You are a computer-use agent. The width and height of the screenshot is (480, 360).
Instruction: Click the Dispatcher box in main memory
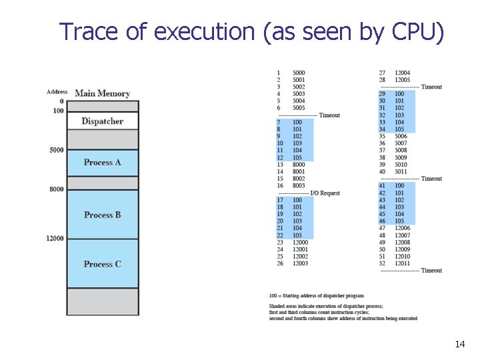pos(102,121)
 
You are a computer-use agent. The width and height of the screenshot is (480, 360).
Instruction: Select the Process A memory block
pos(102,162)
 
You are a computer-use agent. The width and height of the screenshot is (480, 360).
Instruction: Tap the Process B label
pos(102,215)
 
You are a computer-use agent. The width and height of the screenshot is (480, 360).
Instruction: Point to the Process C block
pos(102,264)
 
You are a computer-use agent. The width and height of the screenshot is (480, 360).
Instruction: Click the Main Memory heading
pos(102,93)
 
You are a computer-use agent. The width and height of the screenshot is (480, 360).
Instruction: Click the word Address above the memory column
pos(57,92)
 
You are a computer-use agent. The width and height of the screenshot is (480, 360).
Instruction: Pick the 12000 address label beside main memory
pos(55,239)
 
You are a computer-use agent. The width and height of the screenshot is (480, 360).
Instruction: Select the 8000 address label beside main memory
pos(57,189)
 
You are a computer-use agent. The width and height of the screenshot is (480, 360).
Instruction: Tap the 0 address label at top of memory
pos(61,101)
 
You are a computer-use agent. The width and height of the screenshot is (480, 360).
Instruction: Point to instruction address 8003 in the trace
pos(299,186)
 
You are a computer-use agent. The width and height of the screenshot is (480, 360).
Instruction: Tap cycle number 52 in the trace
pos(382,263)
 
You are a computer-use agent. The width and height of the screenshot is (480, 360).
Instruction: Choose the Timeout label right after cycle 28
pos(431,87)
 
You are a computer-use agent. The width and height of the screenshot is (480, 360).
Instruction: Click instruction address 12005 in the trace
pos(402,80)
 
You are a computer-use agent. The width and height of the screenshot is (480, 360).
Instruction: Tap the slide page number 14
pos(459,344)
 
